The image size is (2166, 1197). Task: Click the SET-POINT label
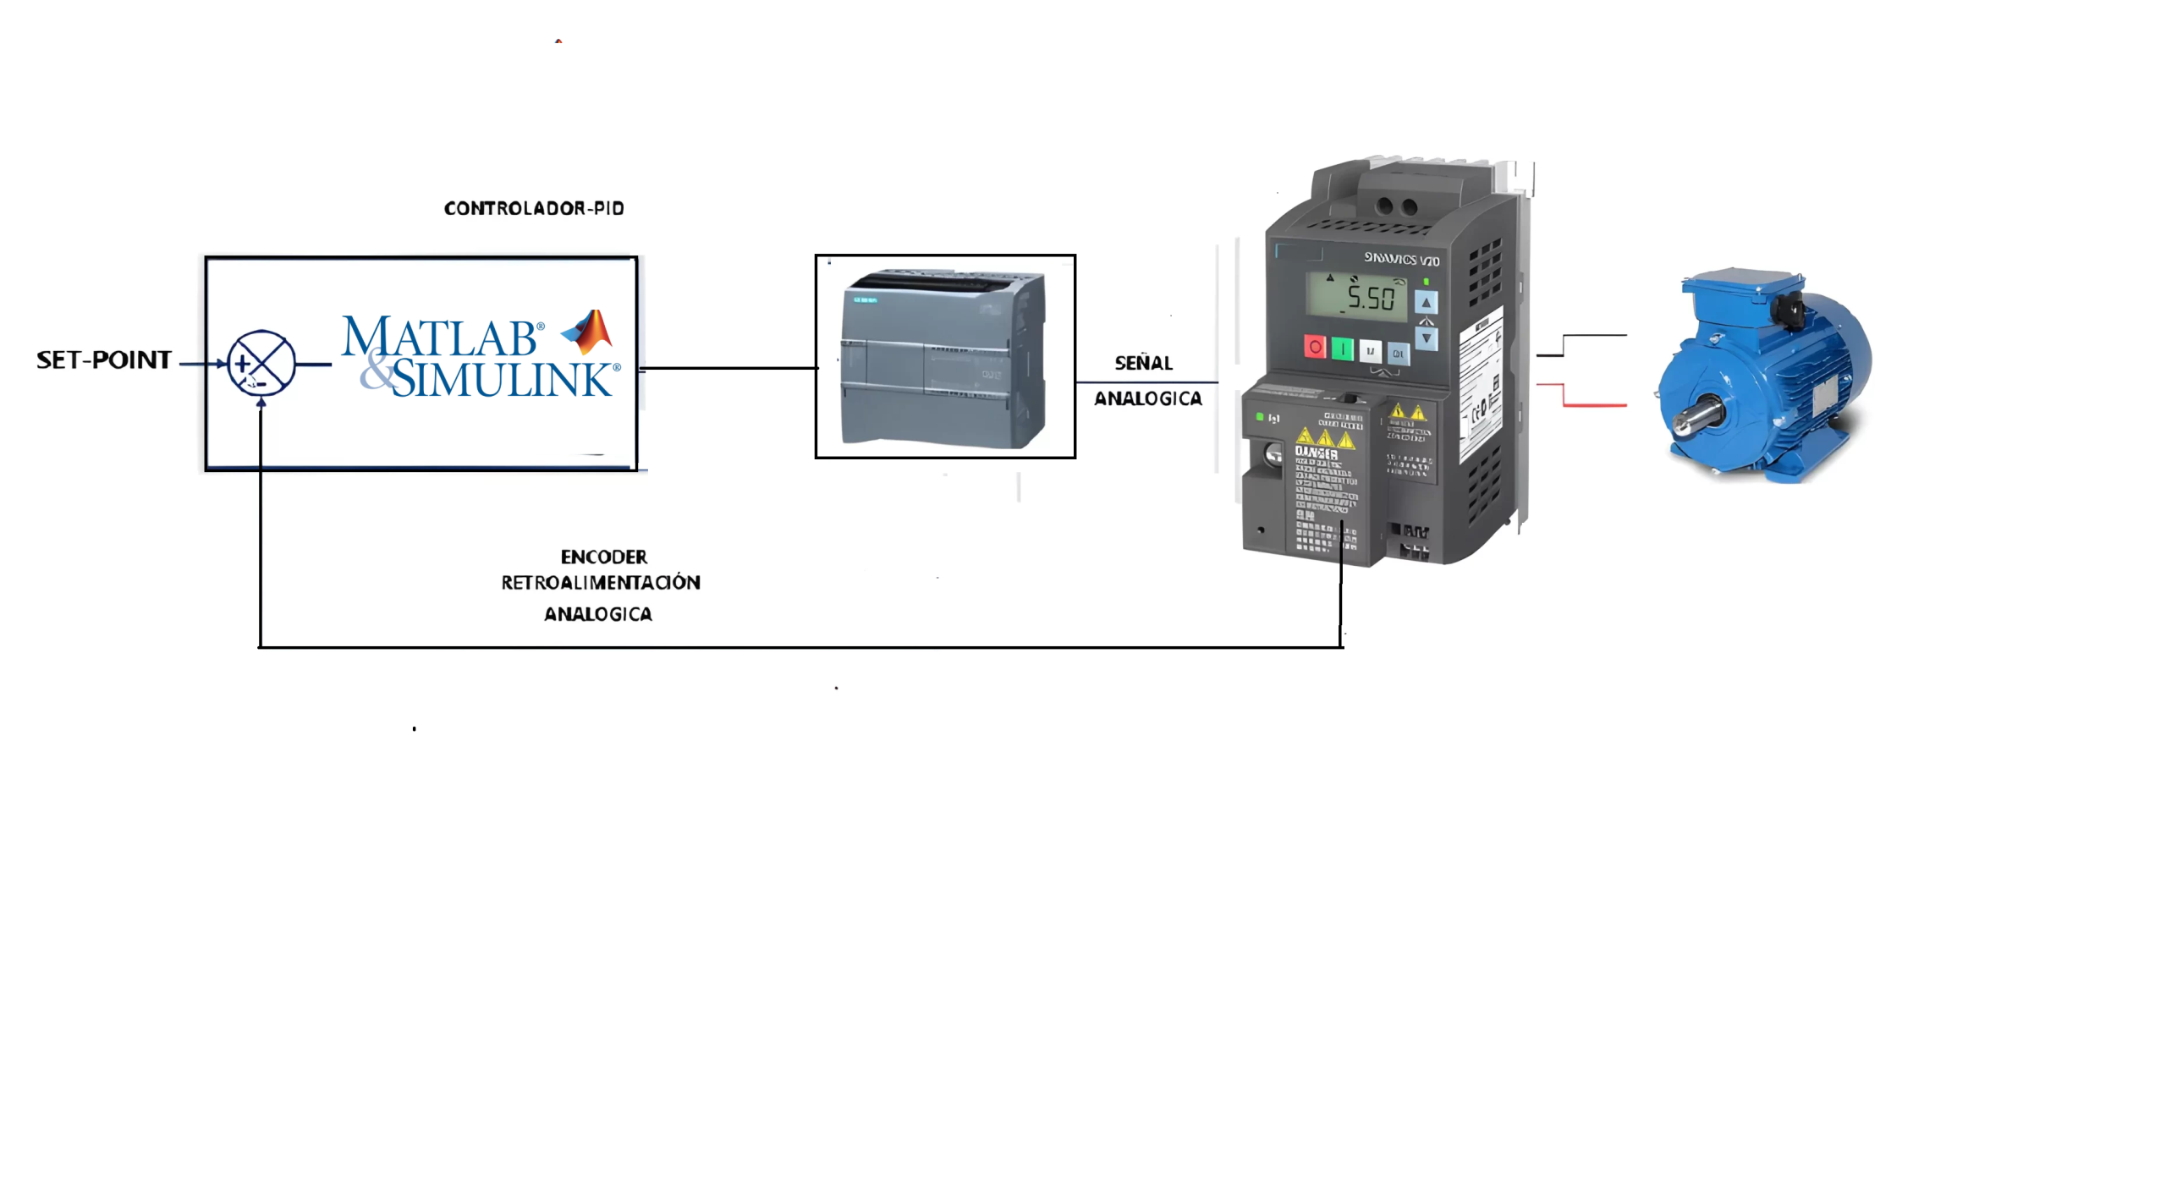click(x=103, y=360)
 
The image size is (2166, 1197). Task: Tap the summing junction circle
click(x=261, y=364)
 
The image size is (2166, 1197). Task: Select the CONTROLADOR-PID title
click(x=534, y=208)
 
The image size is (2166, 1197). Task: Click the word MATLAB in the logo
click(x=439, y=338)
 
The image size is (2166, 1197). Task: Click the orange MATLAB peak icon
click(x=589, y=331)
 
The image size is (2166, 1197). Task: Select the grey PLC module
click(x=943, y=357)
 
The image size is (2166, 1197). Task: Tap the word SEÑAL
click(x=1143, y=363)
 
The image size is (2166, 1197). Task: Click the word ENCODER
click(x=603, y=557)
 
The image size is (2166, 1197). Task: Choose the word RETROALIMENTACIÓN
click(x=600, y=583)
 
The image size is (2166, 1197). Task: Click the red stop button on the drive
click(x=1314, y=347)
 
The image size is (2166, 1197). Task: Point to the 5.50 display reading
click(x=1370, y=298)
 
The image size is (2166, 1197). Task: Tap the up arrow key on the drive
click(x=1426, y=303)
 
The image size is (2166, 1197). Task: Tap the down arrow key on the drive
click(x=1427, y=338)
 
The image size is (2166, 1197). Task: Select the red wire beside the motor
click(x=1591, y=404)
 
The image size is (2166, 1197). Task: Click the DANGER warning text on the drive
click(x=1316, y=453)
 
